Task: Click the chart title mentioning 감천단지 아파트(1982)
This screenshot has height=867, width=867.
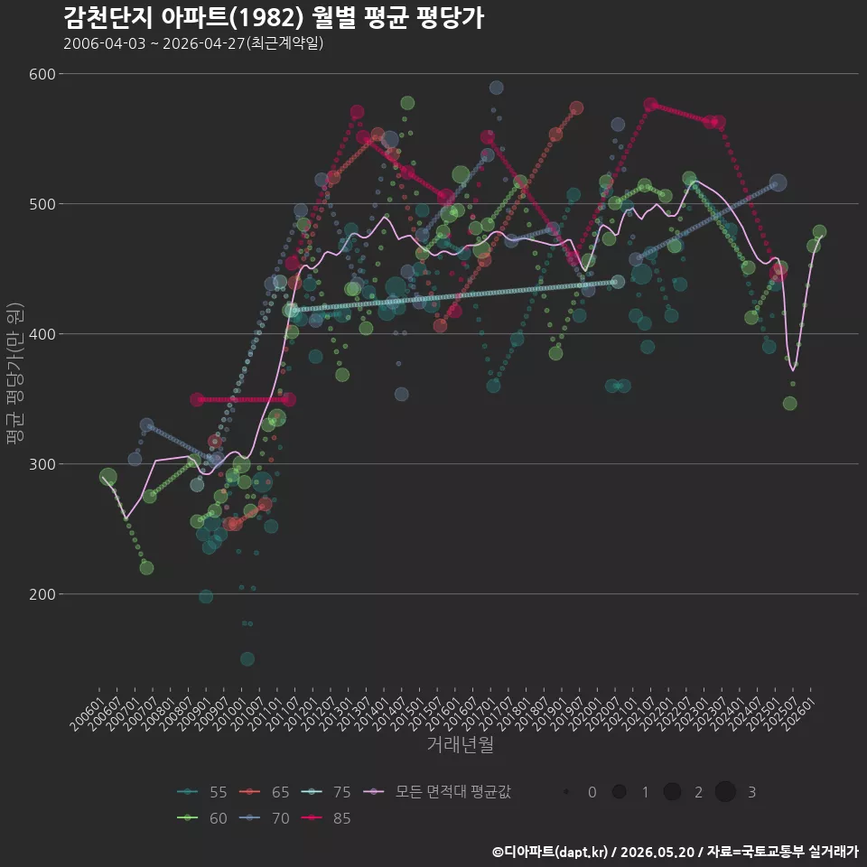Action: click(x=274, y=18)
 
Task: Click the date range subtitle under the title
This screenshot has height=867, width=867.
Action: click(x=193, y=43)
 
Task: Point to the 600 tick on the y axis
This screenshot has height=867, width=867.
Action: click(x=42, y=74)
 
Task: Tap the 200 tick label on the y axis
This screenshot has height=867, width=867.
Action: click(x=42, y=594)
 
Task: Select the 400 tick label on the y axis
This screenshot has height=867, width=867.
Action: click(x=42, y=334)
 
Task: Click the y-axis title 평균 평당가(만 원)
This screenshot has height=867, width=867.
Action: click(x=15, y=373)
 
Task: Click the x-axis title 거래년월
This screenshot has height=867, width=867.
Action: click(x=460, y=743)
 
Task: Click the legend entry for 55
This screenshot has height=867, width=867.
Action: click(x=201, y=792)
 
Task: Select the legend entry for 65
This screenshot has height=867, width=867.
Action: click(x=264, y=792)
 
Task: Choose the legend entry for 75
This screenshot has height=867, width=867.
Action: click(x=326, y=792)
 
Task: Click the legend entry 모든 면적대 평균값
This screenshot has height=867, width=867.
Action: click(x=437, y=792)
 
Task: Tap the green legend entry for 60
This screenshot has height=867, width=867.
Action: click(x=201, y=818)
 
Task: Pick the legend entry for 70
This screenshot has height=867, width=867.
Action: click(x=264, y=818)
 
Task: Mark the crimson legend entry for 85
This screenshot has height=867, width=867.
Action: click(x=326, y=818)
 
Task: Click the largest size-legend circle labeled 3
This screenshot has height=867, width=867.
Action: click(x=725, y=792)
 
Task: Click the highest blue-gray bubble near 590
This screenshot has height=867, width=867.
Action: click(x=496, y=88)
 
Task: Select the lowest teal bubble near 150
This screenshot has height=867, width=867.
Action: click(x=247, y=659)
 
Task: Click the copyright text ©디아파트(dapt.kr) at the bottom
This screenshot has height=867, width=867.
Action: click(x=550, y=852)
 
